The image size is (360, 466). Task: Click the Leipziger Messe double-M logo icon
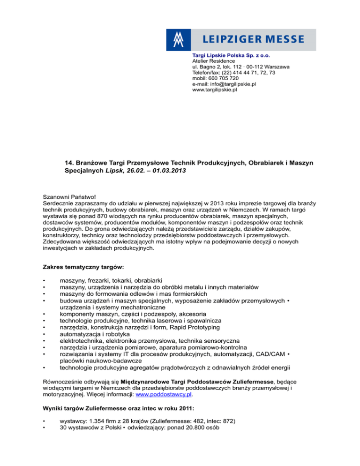(x=179, y=40)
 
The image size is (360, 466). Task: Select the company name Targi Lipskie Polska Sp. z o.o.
(x=227, y=55)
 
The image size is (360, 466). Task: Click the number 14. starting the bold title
(x=70, y=162)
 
